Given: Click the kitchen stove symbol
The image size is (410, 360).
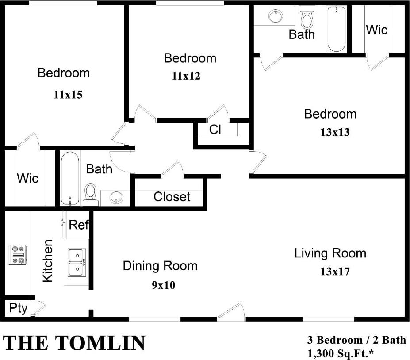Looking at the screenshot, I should (x=18, y=255).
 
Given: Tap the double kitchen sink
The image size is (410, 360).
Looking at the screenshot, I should (x=76, y=262).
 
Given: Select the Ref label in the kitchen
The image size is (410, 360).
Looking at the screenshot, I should (x=79, y=225).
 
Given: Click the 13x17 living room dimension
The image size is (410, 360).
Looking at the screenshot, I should (x=335, y=271).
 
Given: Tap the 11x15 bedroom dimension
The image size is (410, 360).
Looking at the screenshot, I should (x=68, y=94).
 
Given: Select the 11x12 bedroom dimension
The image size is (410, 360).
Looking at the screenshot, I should (x=186, y=76).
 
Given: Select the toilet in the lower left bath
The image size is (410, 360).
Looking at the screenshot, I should (x=91, y=194).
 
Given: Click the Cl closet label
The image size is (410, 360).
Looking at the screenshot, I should (x=215, y=130).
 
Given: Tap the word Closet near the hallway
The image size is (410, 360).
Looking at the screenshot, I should (x=172, y=197).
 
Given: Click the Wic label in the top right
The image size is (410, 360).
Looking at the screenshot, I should (x=376, y=30).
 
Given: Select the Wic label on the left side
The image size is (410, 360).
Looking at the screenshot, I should (x=27, y=179).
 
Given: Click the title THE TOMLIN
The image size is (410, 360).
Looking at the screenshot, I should (x=75, y=343).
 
